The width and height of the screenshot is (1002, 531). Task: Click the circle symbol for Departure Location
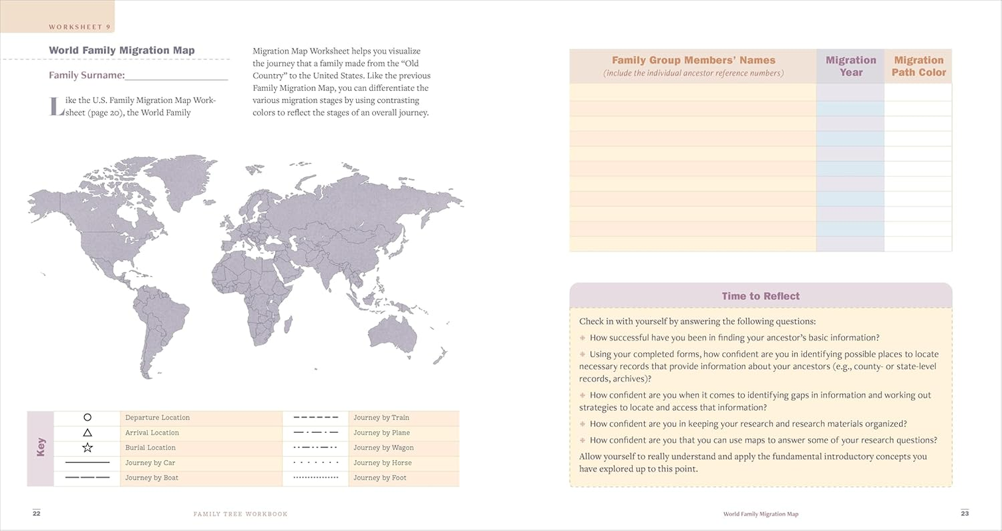click(x=88, y=417)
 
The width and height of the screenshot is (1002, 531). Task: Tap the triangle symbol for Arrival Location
click(x=88, y=433)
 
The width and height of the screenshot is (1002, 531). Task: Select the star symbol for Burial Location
click(x=88, y=448)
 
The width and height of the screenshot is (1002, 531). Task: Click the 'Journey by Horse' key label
click(x=382, y=463)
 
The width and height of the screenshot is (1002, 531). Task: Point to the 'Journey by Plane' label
click(x=381, y=433)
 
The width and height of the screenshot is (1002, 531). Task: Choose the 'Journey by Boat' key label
click(x=152, y=478)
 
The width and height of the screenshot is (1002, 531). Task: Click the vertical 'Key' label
click(x=40, y=447)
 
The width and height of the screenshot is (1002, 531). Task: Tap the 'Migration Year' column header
click(x=851, y=66)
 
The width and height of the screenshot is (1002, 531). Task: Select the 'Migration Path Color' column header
click(x=918, y=66)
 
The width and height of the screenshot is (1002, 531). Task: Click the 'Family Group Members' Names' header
click(x=693, y=60)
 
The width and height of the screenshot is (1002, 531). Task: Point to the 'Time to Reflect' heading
click(x=761, y=296)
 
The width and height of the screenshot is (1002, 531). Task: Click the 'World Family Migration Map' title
click(x=122, y=50)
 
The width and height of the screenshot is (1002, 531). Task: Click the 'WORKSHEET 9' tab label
click(x=80, y=27)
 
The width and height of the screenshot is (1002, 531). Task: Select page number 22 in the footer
click(x=36, y=513)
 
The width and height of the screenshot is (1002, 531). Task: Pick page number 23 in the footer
click(x=965, y=513)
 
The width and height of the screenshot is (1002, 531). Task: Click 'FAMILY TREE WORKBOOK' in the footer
click(x=240, y=514)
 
